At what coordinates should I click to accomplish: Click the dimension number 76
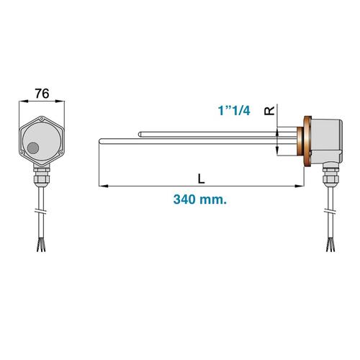click(42, 93)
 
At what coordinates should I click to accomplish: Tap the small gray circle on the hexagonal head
click(33, 148)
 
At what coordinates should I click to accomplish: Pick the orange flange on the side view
click(307, 142)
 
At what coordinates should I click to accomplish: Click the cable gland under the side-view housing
click(330, 174)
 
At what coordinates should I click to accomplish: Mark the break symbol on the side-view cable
click(331, 212)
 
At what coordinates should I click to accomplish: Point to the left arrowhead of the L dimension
click(100, 187)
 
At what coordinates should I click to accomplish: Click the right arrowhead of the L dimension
click(297, 187)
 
